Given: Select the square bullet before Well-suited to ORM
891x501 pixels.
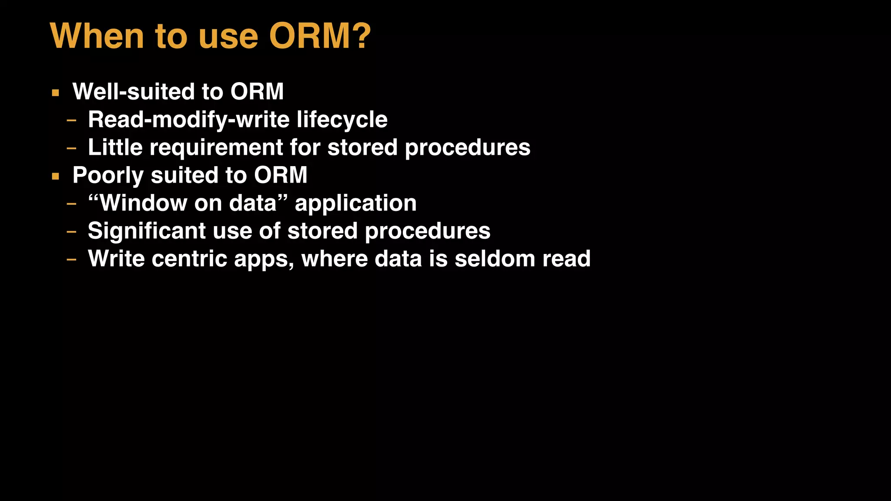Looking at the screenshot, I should (55, 93).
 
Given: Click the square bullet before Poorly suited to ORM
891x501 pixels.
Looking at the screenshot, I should (55, 176).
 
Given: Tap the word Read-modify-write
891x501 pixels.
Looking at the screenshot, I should (188, 120).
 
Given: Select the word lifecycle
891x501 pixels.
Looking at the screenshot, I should (342, 120).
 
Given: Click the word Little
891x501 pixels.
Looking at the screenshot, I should (115, 147).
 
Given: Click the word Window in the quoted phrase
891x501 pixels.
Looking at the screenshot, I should (144, 203).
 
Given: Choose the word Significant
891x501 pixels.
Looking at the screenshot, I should (147, 231).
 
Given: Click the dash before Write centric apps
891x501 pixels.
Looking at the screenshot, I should (71, 260).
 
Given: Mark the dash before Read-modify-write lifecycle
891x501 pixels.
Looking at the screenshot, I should (71, 120).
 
